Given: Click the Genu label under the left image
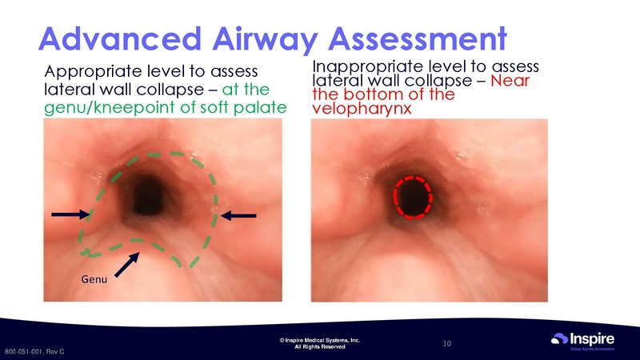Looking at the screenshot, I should (x=94, y=279).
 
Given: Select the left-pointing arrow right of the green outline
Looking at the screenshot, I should (x=239, y=214).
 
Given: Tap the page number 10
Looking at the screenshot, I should (x=447, y=343).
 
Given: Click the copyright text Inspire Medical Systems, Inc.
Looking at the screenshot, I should (x=320, y=340).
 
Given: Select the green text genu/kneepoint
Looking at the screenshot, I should (x=97, y=106).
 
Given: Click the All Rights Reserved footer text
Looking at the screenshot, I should (x=320, y=347).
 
